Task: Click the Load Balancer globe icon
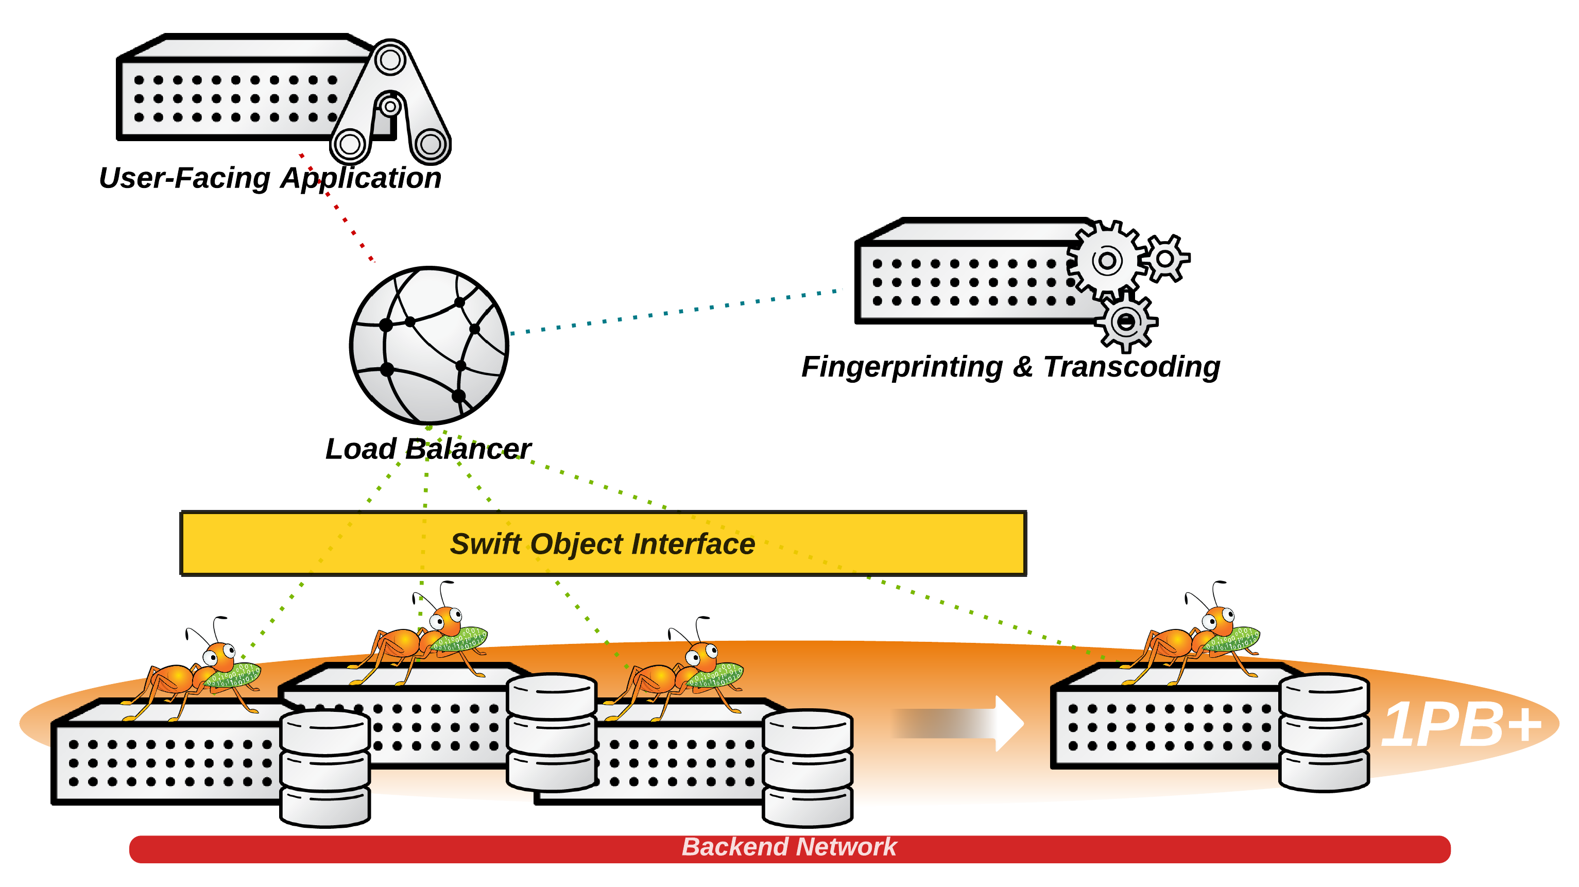pyautogui.click(x=428, y=345)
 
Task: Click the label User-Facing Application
pyautogui.click(x=270, y=178)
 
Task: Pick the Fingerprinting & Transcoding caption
pyautogui.click(x=1010, y=367)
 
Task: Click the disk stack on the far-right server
pyautogui.click(x=1324, y=732)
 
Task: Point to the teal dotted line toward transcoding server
pyautogui.click(x=674, y=312)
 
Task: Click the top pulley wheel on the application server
pyautogui.click(x=390, y=61)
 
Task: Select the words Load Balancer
pyautogui.click(x=428, y=449)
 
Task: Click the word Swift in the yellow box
pyautogui.click(x=485, y=544)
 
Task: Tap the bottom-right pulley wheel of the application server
pyautogui.click(x=431, y=145)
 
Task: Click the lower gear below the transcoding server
pyautogui.click(x=1125, y=322)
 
